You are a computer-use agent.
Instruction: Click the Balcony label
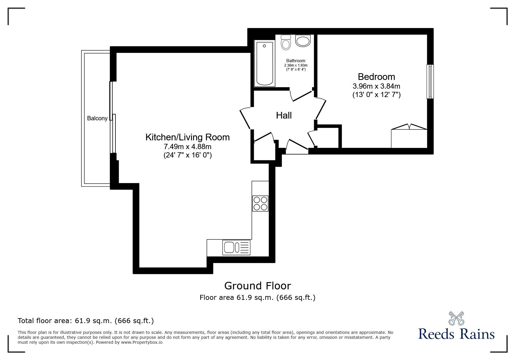point(97,119)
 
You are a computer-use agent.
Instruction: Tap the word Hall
point(284,116)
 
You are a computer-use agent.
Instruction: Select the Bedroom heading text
point(376,77)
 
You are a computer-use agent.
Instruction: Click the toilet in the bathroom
point(286,43)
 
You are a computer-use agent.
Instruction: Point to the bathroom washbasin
point(303,40)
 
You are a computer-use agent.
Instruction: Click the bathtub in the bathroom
point(264,63)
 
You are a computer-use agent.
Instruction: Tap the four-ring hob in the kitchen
point(260,203)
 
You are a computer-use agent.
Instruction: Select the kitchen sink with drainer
point(236,248)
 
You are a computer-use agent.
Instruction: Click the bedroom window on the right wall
point(430,82)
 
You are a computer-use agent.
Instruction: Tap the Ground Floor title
point(257,286)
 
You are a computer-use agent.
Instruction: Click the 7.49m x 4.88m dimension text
point(187,147)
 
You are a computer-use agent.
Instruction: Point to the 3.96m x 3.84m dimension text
point(376,86)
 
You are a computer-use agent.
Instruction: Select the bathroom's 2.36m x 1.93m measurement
point(295,65)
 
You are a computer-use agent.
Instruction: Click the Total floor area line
point(86,321)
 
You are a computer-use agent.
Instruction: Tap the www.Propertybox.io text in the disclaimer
point(142,342)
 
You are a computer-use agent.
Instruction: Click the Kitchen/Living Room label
point(187,137)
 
